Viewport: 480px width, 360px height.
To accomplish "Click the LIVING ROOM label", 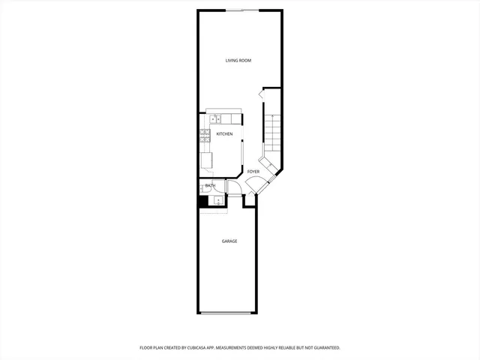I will (x=238, y=60).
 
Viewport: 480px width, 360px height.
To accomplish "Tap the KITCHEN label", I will (x=224, y=134).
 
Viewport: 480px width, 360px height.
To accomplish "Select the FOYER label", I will (x=253, y=172).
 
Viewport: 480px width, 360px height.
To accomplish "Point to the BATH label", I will (x=211, y=185).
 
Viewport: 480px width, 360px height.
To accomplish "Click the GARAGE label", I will (x=229, y=241).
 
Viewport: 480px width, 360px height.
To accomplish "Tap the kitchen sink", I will (x=215, y=118).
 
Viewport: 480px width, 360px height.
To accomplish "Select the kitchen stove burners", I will (x=203, y=135).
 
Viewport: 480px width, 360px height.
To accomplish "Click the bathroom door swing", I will (x=231, y=187).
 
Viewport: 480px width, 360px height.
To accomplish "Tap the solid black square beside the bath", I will (x=202, y=200).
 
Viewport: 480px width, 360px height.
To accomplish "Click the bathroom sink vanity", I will (x=217, y=200).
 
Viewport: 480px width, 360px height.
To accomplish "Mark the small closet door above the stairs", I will (x=262, y=94).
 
